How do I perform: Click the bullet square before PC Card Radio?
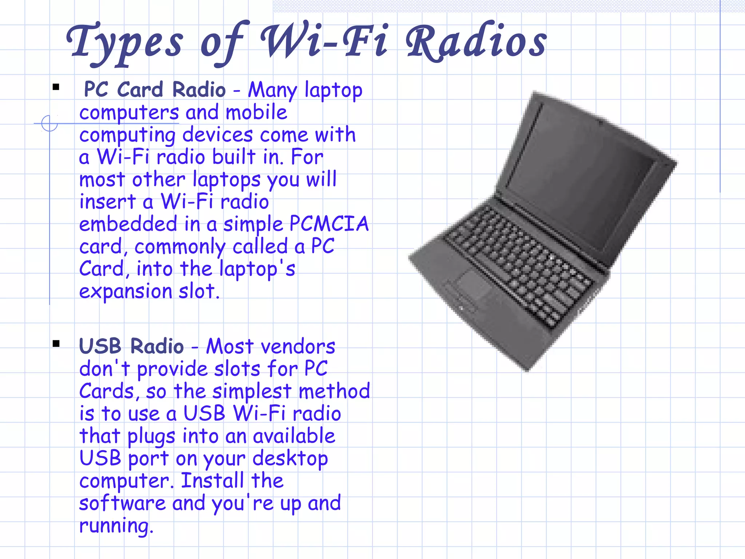[56, 87]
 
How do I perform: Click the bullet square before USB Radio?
[56, 344]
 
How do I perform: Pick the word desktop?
[290, 459]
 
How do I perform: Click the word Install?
[212, 481]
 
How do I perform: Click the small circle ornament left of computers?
[49, 123]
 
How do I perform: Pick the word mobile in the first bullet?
[256, 112]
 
